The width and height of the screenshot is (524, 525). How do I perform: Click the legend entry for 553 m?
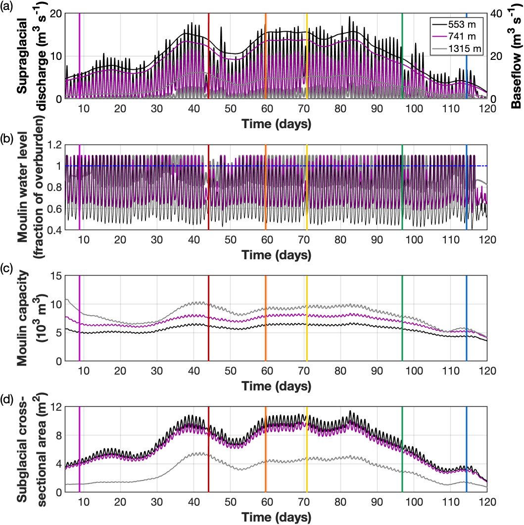click(x=457, y=25)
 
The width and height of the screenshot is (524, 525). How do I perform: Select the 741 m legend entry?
click(x=457, y=37)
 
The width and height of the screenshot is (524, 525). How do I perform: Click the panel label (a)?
click(x=8, y=7)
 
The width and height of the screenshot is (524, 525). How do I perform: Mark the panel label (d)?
click(x=8, y=401)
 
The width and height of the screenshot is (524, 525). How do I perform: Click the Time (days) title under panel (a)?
click(x=276, y=124)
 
